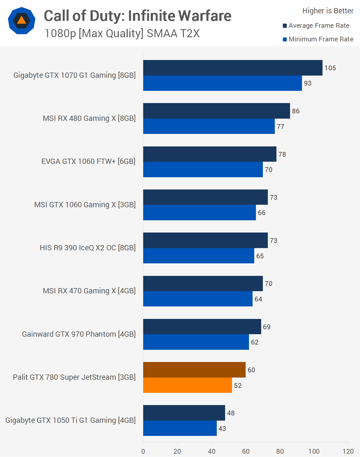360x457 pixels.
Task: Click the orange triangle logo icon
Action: pyautogui.click(x=22, y=21)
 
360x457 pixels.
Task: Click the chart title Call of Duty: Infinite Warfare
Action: pyautogui.click(x=137, y=16)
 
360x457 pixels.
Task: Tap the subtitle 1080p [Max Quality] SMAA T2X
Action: pyautogui.click(x=122, y=34)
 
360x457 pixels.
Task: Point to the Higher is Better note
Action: pyautogui.click(x=328, y=11)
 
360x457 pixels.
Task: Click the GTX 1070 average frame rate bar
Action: pyautogui.click(x=233, y=68)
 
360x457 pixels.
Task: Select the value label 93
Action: pyautogui.click(x=308, y=83)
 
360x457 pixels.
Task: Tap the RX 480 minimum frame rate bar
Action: pyautogui.click(x=209, y=126)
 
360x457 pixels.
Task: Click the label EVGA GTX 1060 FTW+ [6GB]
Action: pyautogui.click(x=89, y=161)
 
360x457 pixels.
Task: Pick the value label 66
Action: pyautogui.click(x=261, y=213)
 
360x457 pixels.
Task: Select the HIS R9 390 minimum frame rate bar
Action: pyautogui.click(x=198, y=256)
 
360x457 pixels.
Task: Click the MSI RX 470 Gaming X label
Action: pyautogui.click(x=89, y=291)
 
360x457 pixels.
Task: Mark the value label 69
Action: pyautogui.click(x=266, y=327)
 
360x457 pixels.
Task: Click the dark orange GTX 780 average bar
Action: pyautogui.click(x=194, y=370)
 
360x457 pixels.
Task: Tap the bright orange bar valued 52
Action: pyautogui.click(x=187, y=385)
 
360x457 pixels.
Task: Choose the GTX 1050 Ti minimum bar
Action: pyautogui.click(x=180, y=428)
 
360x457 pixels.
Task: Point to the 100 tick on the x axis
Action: pyautogui.click(x=314, y=451)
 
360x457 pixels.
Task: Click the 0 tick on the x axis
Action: pyautogui.click(x=143, y=451)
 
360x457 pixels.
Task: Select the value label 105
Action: pyautogui.click(x=330, y=68)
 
